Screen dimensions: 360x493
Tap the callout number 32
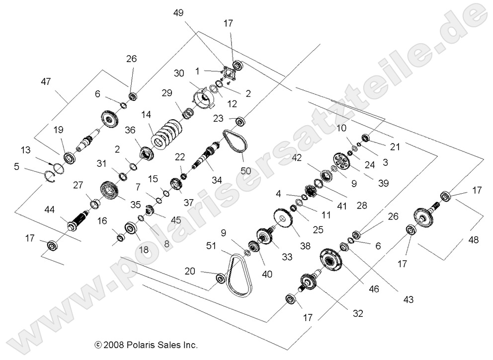[358, 313]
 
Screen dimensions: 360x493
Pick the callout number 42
[297, 158]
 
